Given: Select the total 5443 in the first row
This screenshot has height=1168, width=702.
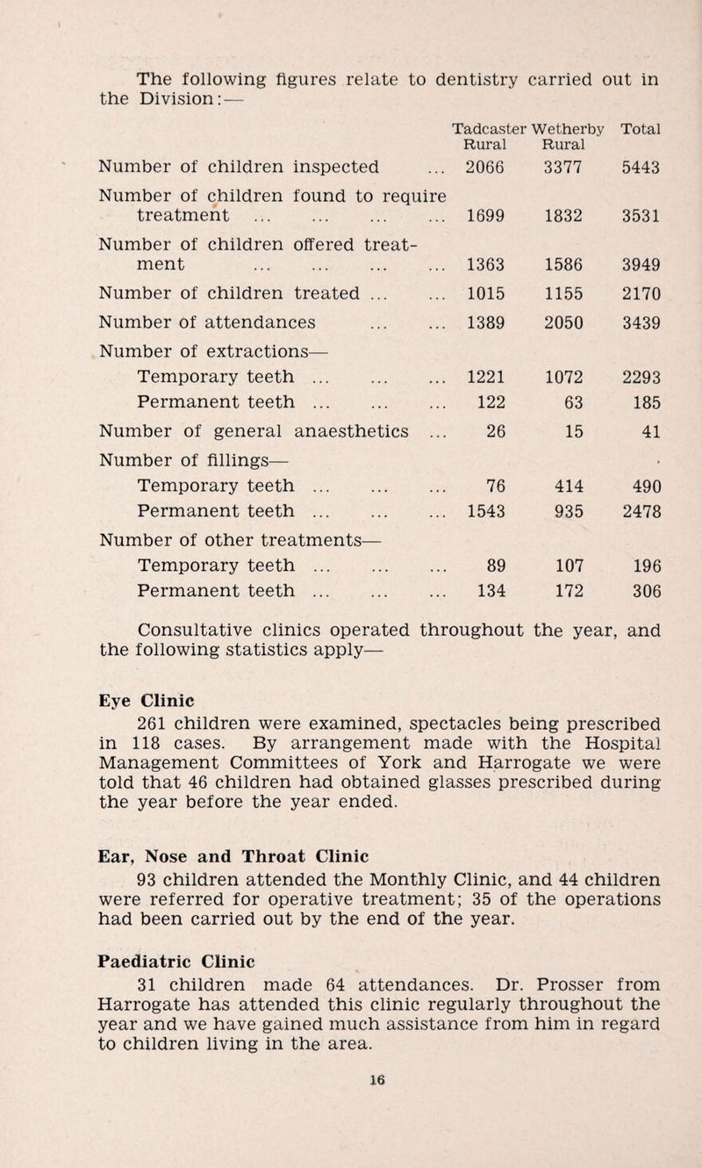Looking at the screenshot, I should pyautogui.click(x=639, y=164).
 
